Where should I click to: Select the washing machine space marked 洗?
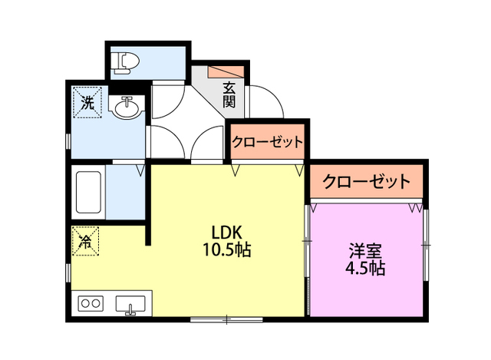coord(87,102)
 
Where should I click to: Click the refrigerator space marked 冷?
coord(87,242)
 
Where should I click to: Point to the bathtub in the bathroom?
coord(88,193)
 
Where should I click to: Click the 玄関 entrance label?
coord(229,94)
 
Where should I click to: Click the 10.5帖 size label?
coord(227,250)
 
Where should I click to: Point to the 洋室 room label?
coord(366,251)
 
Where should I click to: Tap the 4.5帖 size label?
coord(366,269)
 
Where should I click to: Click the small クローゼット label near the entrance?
coord(268,142)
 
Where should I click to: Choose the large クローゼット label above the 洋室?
coord(366,182)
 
